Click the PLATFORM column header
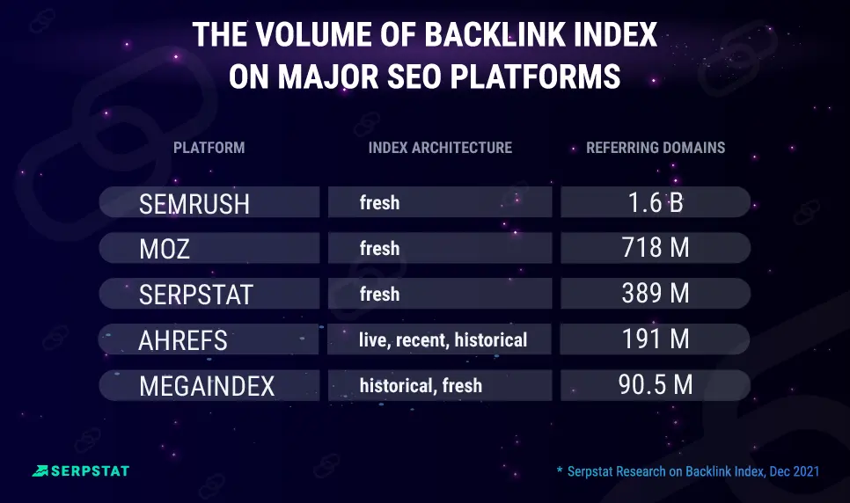click(x=209, y=148)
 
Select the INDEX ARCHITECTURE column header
click(x=440, y=148)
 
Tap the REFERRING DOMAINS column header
click(x=656, y=148)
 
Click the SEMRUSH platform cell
click(x=209, y=202)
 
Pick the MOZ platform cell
click(x=209, y=248)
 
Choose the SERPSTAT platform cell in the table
click(x=209, y=293)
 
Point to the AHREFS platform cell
click(x=209, y=339)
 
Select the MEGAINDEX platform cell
click(x=209, y=385)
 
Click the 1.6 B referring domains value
click(x=656, y=202)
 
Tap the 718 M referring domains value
click(x=656, y=248)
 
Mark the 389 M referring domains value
click(x=656, y=293)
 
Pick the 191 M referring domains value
click(x=656, y=339)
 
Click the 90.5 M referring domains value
click(x=656, y=385)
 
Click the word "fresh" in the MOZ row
click(x=379, y=248)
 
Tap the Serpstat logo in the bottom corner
click(x=81, y=471)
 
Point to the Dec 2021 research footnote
click(x=688, y=471)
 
